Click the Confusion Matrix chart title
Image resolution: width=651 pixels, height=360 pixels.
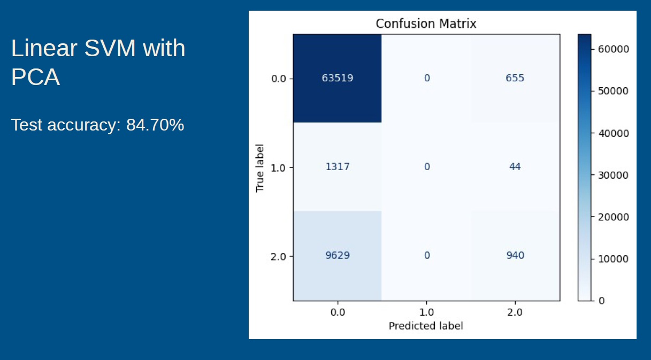pyautogui.click(x=426, y=24)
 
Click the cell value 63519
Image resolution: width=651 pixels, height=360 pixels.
pyautogui.click(x=338, y=78)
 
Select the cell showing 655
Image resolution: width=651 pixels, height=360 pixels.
pyautogui.click(x=515, y=78)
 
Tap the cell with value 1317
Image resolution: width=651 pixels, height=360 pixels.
pyautogui.click(x=338, y=167)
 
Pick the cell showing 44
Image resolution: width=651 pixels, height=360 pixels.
pyautogui.click(x=515, y=167)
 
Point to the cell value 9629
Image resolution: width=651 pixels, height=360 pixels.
pyautogui.click(x=338, y=256)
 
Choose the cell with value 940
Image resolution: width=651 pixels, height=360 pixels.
pyautogui.click(x=515, y=256)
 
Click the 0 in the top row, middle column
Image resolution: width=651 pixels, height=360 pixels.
pyautogui.click(x=426, y=78)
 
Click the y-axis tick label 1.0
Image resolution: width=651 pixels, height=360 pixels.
pyautogui.click(x=282, y=167)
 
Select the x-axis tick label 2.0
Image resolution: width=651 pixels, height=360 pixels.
pyautogui.click(x=515, y=312)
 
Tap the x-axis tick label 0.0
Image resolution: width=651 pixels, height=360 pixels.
pyautogui.click(x=338, y=312)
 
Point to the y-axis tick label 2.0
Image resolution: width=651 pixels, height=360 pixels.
pyautogui.click(x=282, y=256)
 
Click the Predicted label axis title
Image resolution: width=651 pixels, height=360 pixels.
pyautogui.click(x=426, y=326)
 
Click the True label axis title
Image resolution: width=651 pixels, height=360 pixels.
pyautogui.click(x=261, y=167)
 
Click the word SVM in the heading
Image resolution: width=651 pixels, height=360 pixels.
pyautogui.click(x=111, y=49)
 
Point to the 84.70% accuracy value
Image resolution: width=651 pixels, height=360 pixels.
pyautogui.click(x=155, y=125)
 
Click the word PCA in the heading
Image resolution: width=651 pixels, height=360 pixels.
pyautogui.click(x=35, y=78)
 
